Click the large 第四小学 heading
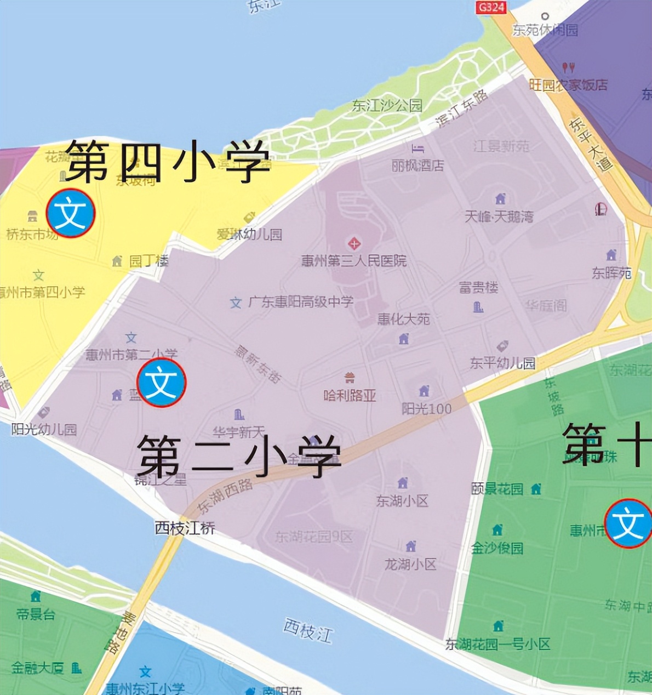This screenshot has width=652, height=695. (168, 161)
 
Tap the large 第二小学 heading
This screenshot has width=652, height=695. (239, 456)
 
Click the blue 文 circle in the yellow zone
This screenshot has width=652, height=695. (71, 213)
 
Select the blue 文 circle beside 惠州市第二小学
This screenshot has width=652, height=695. (162, 383)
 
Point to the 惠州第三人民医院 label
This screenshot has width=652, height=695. (354, 261)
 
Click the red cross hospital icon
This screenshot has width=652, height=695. (354, 243)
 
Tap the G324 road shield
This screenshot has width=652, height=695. (490, 7)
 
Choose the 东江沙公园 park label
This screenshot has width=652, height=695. (387, 105)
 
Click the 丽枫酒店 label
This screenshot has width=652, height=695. (417, 165)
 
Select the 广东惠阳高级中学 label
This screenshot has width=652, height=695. (301, 301)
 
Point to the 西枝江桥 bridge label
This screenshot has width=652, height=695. (185, 528)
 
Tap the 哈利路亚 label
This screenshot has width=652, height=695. (350, 395)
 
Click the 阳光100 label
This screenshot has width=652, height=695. (426, 408)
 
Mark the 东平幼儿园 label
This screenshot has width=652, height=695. (502, 363)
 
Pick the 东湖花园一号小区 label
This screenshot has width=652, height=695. (497, 644)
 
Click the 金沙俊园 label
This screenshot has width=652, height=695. (497, 548)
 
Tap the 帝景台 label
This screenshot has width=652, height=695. (36, 614)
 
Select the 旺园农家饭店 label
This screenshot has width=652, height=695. (568, 85)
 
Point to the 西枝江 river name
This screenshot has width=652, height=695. (308, 630)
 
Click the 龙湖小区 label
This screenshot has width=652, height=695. (410, 564)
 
